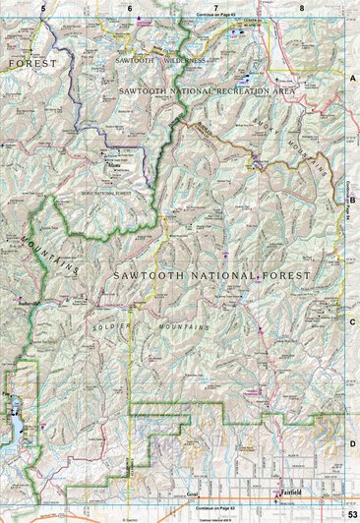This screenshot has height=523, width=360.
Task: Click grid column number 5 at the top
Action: click(x=44, y=7)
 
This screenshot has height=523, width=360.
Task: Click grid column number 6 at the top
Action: click(x=130, y=7)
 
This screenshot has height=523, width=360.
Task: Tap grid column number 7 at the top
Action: click(x=216, y=7)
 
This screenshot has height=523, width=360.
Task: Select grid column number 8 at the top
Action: click(x=302, y=7)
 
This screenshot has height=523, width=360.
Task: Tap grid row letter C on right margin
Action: click(x=352, y=320)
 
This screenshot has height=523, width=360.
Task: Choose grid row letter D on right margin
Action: click(x=352, y=443)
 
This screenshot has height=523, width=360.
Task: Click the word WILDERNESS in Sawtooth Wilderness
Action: click(x=184, y=60)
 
